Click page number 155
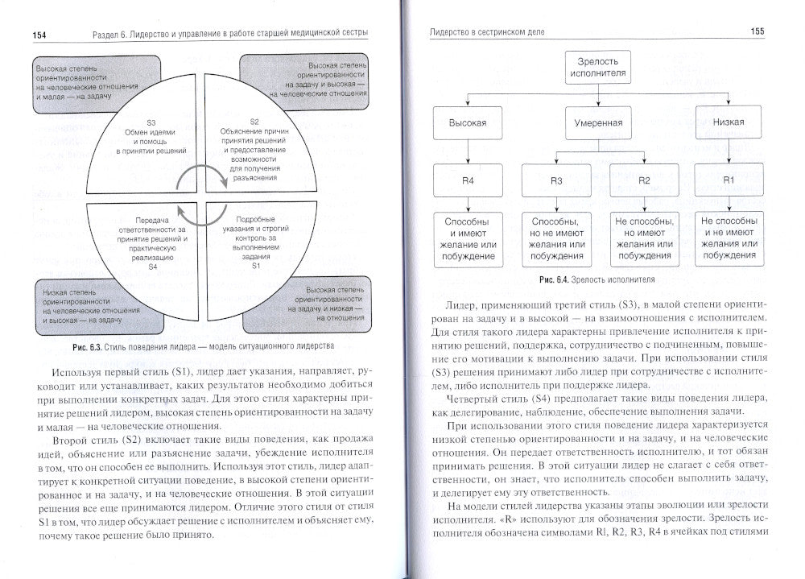[752, 32]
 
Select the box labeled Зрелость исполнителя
[597, 68]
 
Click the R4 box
[468, 180]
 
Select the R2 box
[643, 180]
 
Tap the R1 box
[728, 180]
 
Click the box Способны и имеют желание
[468, 237]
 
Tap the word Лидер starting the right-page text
[461, 306]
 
